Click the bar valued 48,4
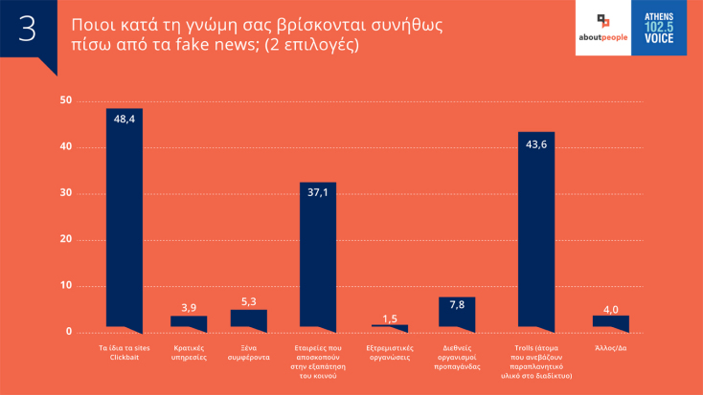click(x=124, y=220)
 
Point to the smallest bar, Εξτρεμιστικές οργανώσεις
click(x=390, y=328)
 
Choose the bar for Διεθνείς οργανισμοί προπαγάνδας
click(x=457, y=315)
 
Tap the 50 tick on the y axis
click(x=66, y=100)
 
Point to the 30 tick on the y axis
click(x=66, y=193)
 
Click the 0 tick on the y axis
click(x=69, y=332)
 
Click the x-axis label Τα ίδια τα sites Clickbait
click(x=124, y=352)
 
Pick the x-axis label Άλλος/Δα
click(x=611, y=347)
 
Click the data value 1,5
click(x=390, y=318)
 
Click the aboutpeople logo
click(x=603, y=28)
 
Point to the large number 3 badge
click(x=28, y=29)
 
